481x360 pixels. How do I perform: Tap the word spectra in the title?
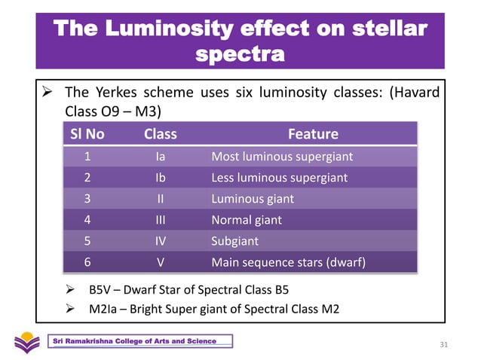(240, 54)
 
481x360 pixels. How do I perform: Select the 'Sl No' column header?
(87, 135)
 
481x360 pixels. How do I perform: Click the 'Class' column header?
(160, 135)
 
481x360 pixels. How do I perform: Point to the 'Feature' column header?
(313, 135)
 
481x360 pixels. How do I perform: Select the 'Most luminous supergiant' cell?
(282, 157)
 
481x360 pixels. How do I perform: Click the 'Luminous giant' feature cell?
(253, 200)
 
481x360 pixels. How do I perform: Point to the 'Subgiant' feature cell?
(234, 242)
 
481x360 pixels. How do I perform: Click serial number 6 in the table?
(87, 263)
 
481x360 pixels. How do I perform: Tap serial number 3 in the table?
(87, 200)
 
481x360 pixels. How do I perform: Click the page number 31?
(443, 345)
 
